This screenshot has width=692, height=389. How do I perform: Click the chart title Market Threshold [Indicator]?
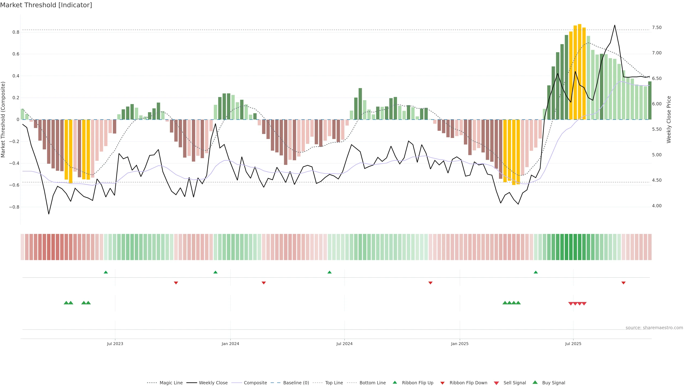click(46, 5)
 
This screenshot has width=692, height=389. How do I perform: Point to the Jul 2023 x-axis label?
click(115, 344)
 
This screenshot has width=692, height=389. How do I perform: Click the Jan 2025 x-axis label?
click(460, 344)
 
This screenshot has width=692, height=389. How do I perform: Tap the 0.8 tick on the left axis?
click(16, 32)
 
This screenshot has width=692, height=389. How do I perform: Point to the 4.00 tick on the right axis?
click(657, 206)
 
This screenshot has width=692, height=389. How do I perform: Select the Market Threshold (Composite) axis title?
click(3, 119)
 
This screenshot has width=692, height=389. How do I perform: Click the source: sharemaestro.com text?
click(654, 328)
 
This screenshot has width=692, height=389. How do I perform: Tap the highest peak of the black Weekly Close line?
click(615, 25)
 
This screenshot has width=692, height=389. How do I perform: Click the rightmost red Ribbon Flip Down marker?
click(624, 283)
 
